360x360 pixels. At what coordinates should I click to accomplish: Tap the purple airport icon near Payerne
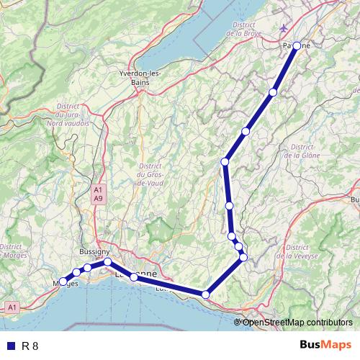pos(284,28)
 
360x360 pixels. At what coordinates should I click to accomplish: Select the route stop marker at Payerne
pos(297,45)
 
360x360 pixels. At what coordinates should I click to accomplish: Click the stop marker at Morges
pos(63,282)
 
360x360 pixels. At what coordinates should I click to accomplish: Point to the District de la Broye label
pos(242,28)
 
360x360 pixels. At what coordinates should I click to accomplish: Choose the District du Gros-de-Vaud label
pos(150,174)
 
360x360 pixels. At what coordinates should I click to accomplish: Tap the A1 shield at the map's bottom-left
pos(12,307)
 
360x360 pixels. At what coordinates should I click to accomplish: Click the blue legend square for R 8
pos(10,346)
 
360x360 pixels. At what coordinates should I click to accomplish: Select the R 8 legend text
pos(30,346)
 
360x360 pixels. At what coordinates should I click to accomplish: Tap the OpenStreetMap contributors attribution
pos(296,322)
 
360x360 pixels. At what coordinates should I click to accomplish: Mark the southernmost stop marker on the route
pos(206,294)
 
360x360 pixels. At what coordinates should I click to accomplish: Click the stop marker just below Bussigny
pos(107,262)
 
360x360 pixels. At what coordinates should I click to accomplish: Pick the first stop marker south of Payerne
pos(273,92)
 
